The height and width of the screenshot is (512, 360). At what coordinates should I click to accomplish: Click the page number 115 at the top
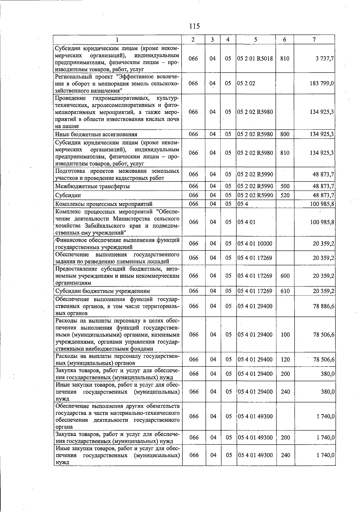click(x=194, y=26)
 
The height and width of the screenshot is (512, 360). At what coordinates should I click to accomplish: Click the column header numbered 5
click(x=255, y=40)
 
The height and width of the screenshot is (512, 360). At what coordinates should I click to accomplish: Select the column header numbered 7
click(x=314, y=40)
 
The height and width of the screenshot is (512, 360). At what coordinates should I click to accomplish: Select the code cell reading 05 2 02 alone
click(x=246, y=83)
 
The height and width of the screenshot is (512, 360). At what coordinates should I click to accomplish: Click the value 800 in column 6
click(x=284, y=134)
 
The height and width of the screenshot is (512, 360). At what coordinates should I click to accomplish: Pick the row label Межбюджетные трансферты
click(x=92, y=186)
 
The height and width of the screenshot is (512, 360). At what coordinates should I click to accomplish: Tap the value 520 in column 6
click(x=285, y=195)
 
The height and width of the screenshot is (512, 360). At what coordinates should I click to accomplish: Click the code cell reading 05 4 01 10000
click(x=255, y=244)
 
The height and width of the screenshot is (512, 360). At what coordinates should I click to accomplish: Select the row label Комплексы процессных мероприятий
click(x=104, y=204)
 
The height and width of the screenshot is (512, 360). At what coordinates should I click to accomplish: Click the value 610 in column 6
click(x=285, y=291)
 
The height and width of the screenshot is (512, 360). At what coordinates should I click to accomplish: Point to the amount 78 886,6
click(x=324, y=306)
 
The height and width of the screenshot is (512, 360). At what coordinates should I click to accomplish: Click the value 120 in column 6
click(x=285, y=359)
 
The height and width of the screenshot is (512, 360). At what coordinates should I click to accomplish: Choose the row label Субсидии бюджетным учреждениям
click(x=103, y=291)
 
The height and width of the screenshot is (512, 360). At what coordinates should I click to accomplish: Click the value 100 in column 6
click(x=285, y=334)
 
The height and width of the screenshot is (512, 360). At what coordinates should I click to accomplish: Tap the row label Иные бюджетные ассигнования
click(x=96, y=134)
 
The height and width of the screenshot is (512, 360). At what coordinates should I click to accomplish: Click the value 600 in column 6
click(x=285, y=276)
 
